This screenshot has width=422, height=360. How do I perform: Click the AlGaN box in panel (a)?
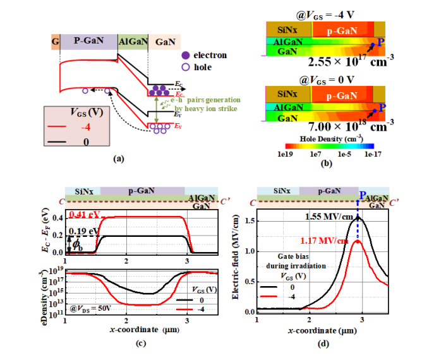coord(133,42)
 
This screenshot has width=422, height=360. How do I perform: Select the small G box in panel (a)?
coord(55,42)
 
